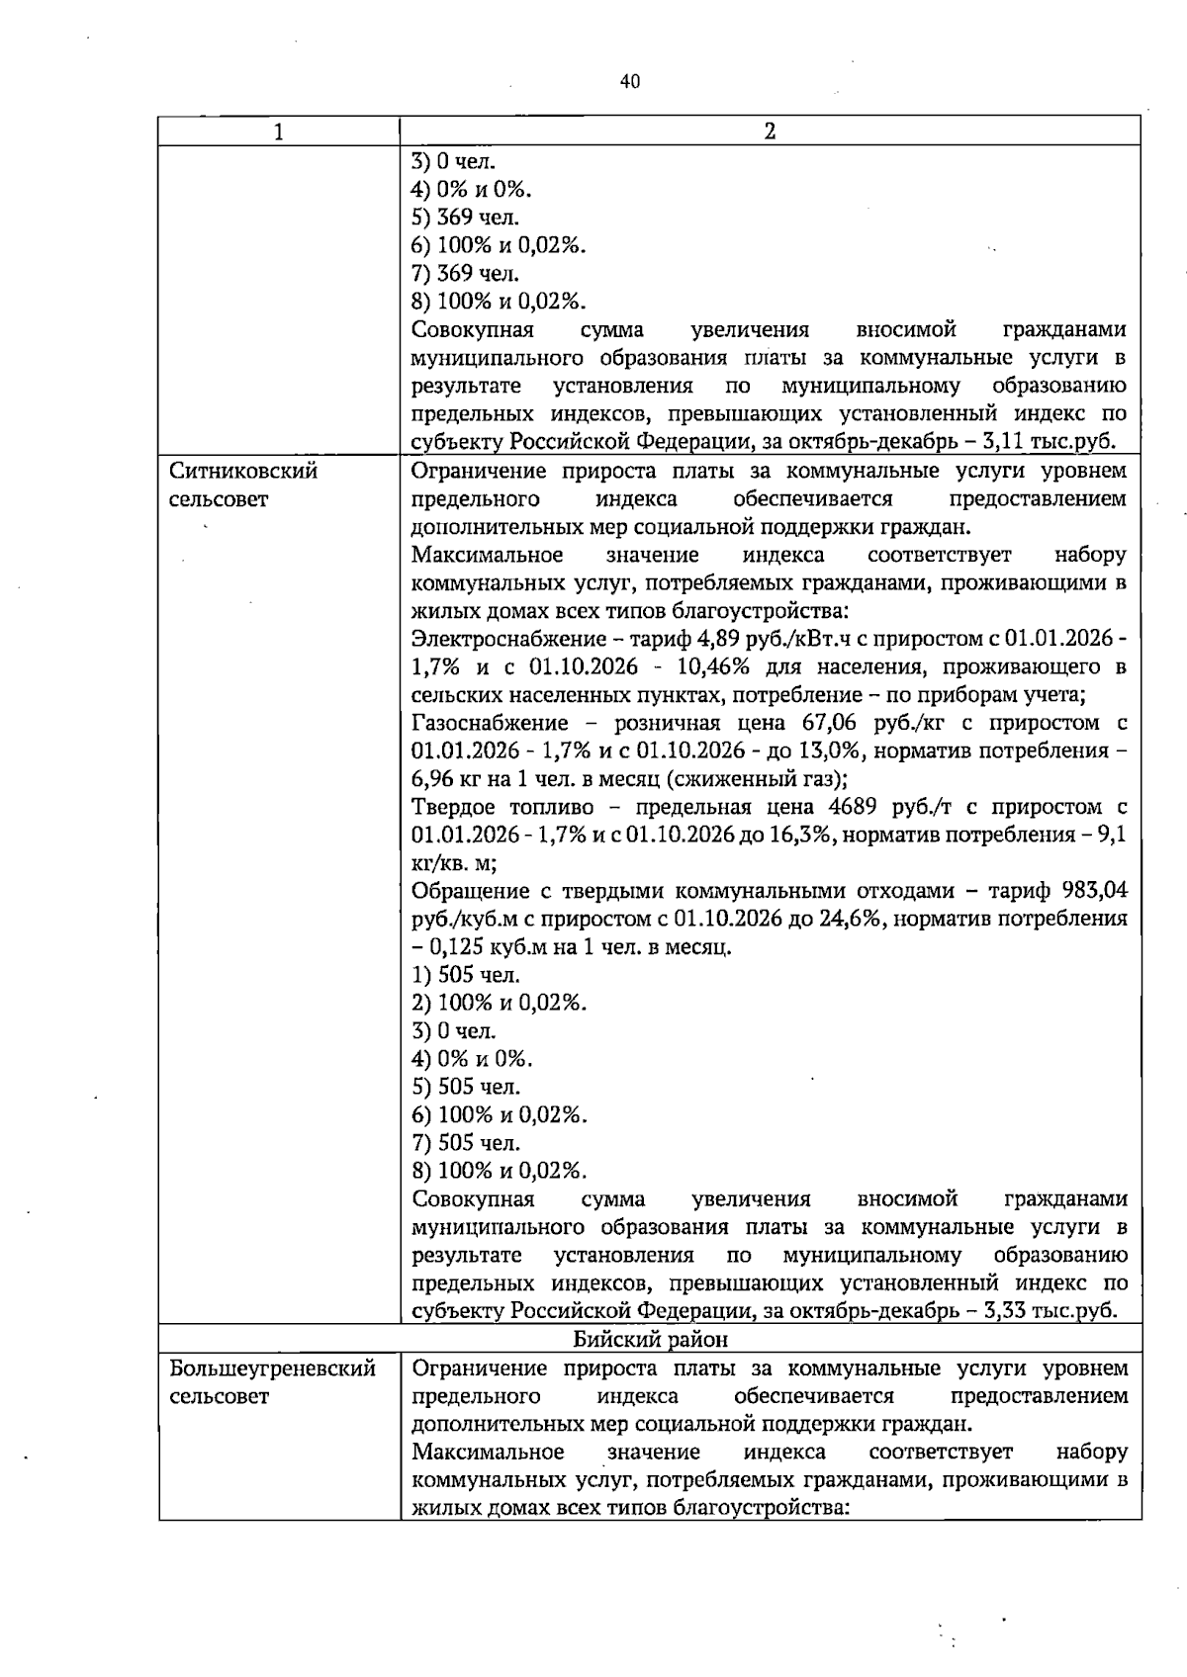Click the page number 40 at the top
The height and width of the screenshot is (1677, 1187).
(x=630, y=82)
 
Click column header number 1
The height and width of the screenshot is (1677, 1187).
(x=279, y=132)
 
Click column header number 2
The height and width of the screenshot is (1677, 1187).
(x=770, y=132)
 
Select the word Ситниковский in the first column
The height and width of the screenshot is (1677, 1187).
(x=243, y=472)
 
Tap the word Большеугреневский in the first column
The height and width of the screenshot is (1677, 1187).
(x=272, y=1369)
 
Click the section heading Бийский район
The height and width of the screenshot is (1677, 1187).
(x=650, y=1341)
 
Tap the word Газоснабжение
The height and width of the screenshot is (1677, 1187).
(x=490, y=724)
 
